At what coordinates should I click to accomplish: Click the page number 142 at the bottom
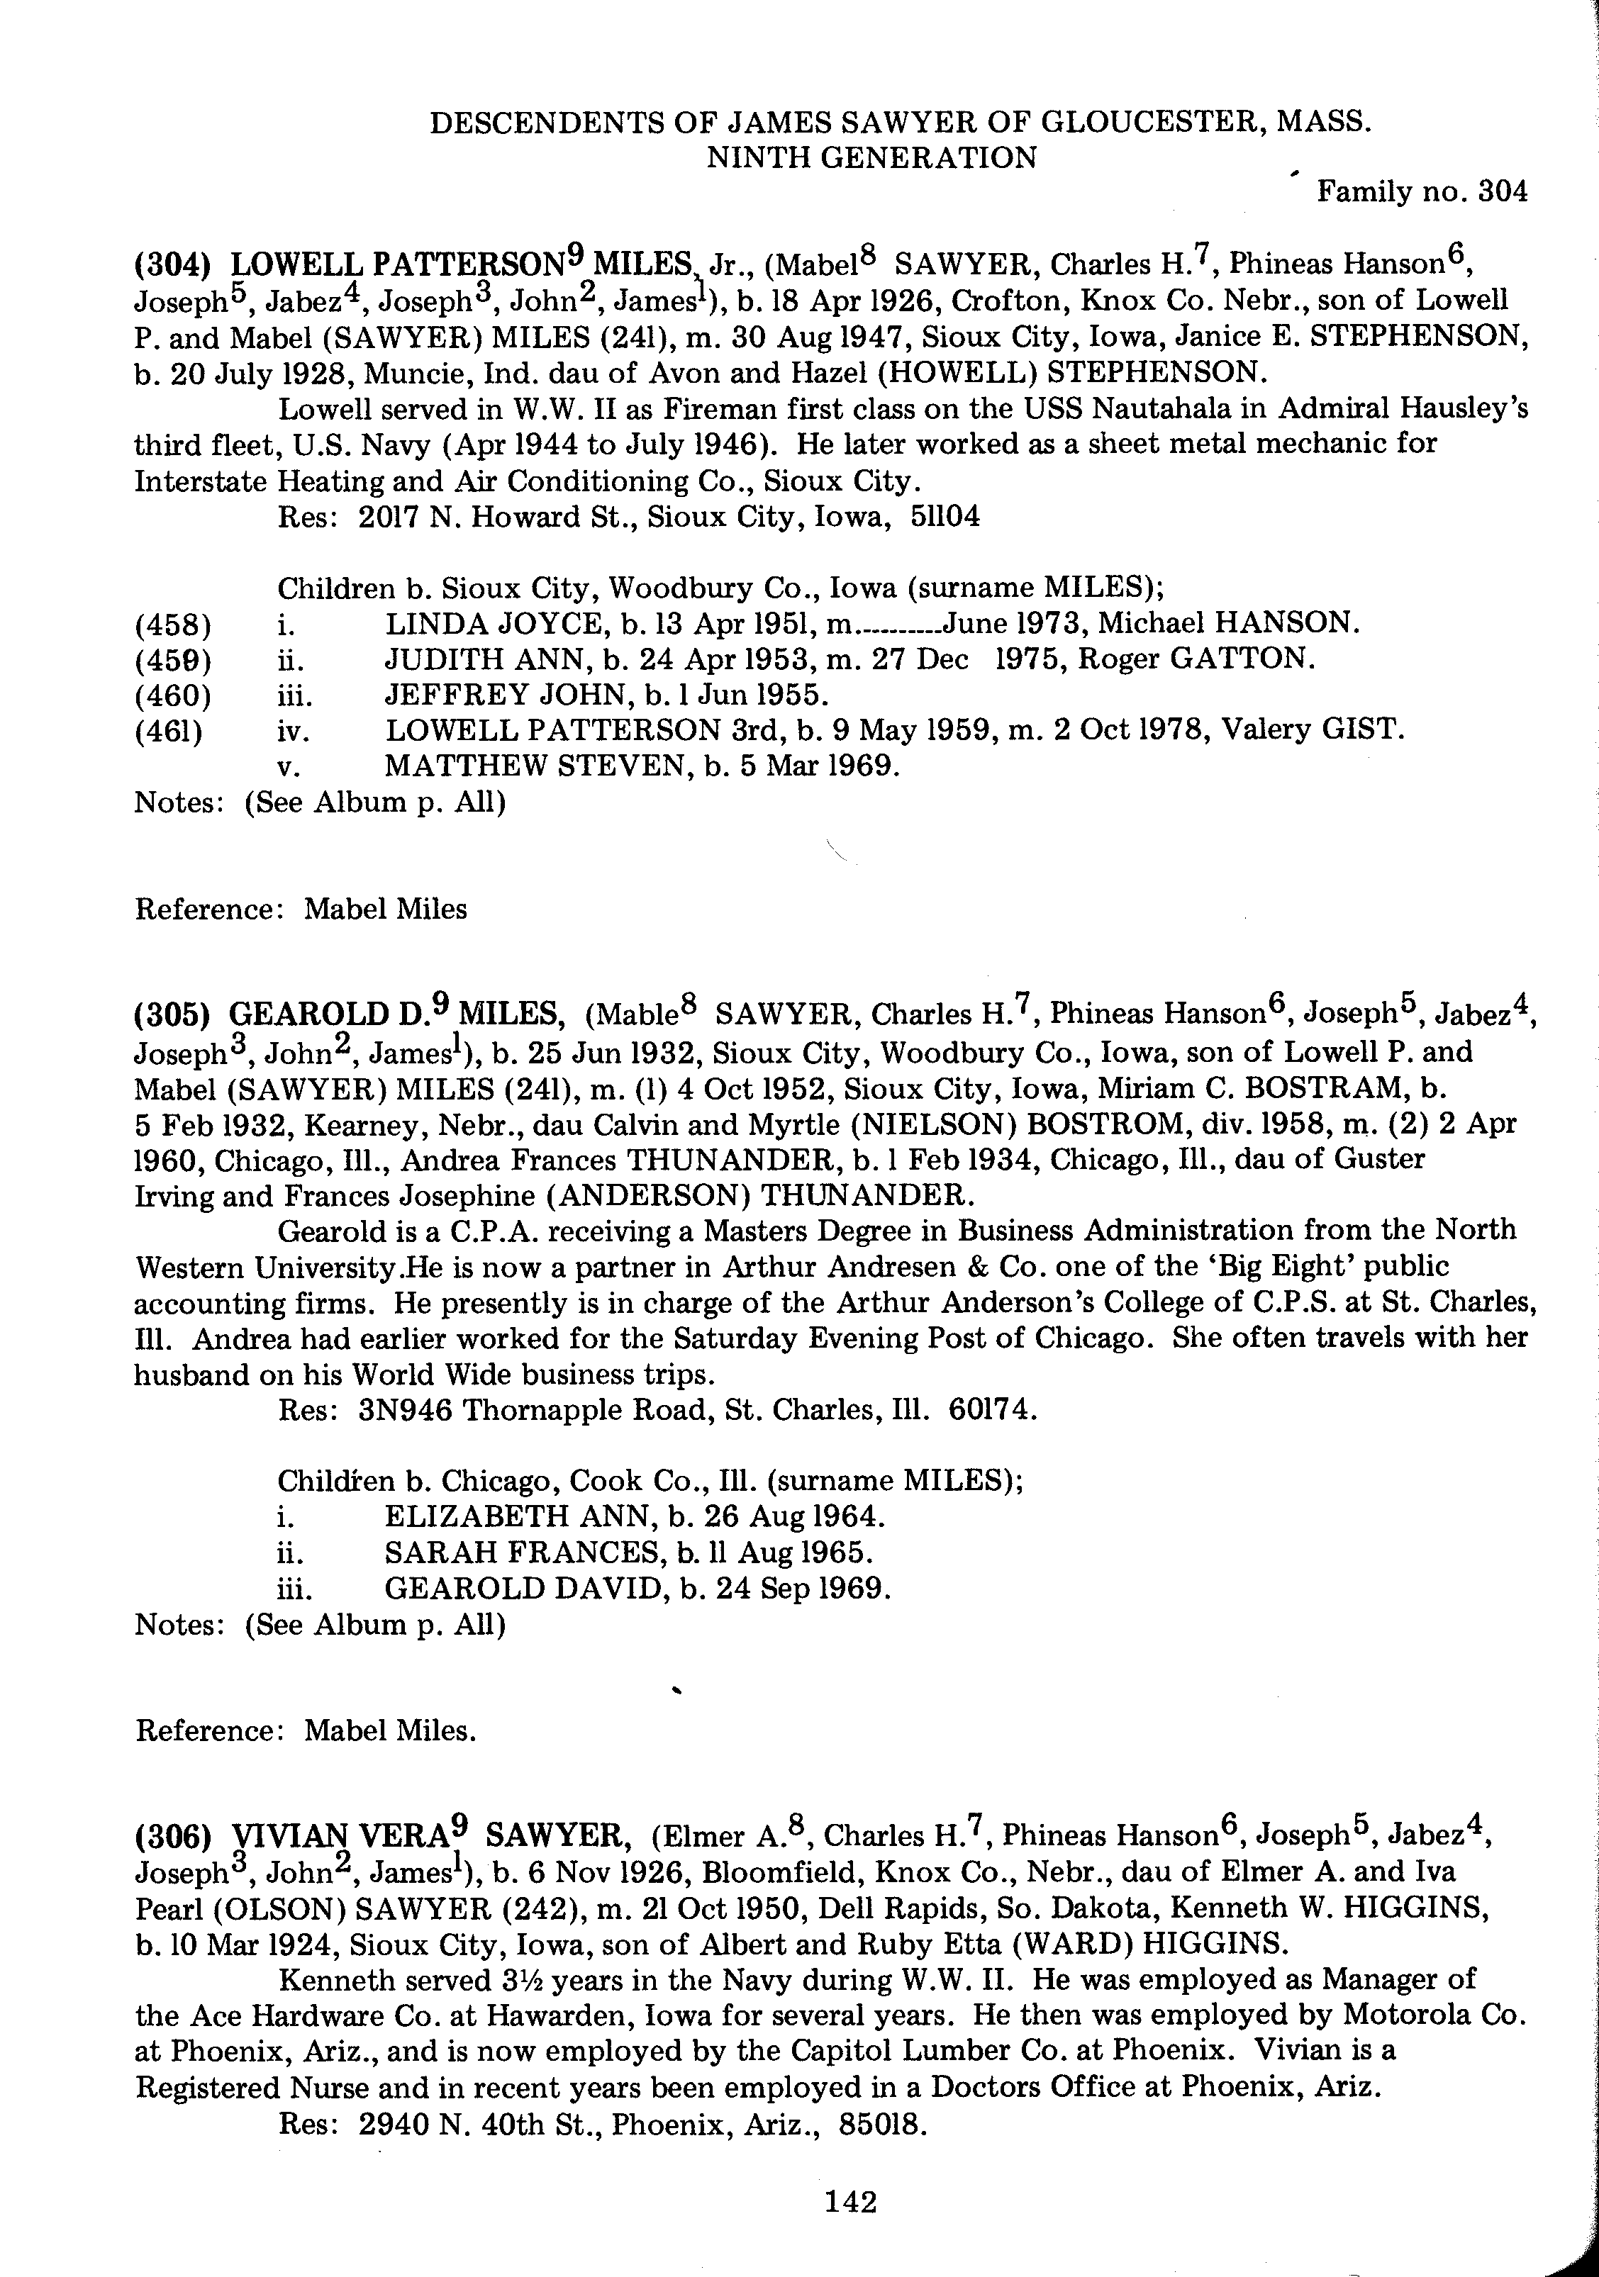click(850, 2202)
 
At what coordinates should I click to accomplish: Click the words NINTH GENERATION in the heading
click(871, 157)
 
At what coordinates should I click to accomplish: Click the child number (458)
click(172, 624)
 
